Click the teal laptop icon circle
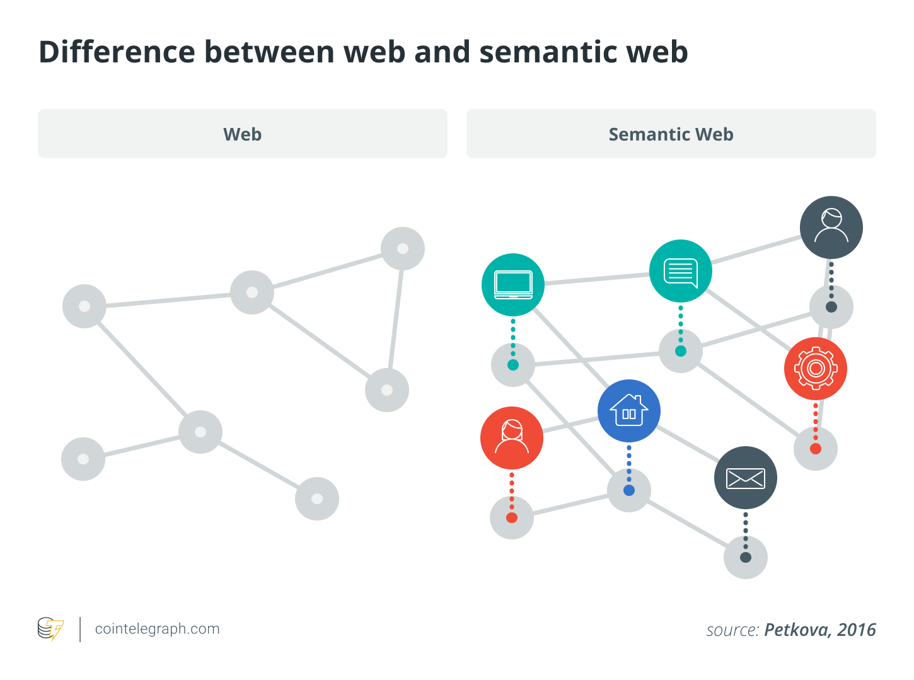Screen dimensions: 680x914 tap(513, 284)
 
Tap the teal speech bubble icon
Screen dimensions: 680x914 tap(681, 271)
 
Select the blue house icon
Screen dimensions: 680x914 tap(629, 411)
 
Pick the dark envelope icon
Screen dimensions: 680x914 tap(746, 478)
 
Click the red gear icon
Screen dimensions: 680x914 tap(816, 369)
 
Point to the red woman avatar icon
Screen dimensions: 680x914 tap(512, 437)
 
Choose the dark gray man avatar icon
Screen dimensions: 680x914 tap(831, 227)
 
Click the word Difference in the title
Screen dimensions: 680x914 tap(117, 52)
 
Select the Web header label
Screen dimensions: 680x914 tap(243, 134)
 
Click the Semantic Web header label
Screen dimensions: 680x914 tap(671, 134)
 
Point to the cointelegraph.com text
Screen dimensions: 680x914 tap(157, 629)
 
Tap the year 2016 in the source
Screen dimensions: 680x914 tap(857, 630)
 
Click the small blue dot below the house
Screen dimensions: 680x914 tap(629, 490)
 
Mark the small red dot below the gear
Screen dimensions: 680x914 tap(816, 449)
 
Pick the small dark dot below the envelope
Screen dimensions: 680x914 tap(746, 557)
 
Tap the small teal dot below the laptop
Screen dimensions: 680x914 tap(513, 365)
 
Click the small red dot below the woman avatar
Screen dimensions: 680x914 tap(512, 517)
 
